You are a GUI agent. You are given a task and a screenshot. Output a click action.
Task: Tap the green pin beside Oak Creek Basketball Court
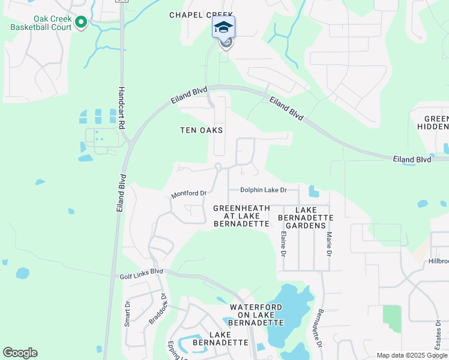(x=82, y=23)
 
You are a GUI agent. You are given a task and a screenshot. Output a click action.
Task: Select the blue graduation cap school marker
(x=224, y=28)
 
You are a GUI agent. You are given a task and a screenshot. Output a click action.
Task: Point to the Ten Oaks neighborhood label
(x=202, y=130)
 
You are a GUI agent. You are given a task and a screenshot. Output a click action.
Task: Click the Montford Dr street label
(x=189, y=194)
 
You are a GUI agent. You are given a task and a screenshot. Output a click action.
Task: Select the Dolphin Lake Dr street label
(x=264, y=190)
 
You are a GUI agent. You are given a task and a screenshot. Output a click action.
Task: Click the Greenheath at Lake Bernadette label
(x=241, y=215)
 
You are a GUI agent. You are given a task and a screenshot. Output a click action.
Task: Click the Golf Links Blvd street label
(x=138, y=271)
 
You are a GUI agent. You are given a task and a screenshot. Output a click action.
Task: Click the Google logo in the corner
(x=20, y=353)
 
